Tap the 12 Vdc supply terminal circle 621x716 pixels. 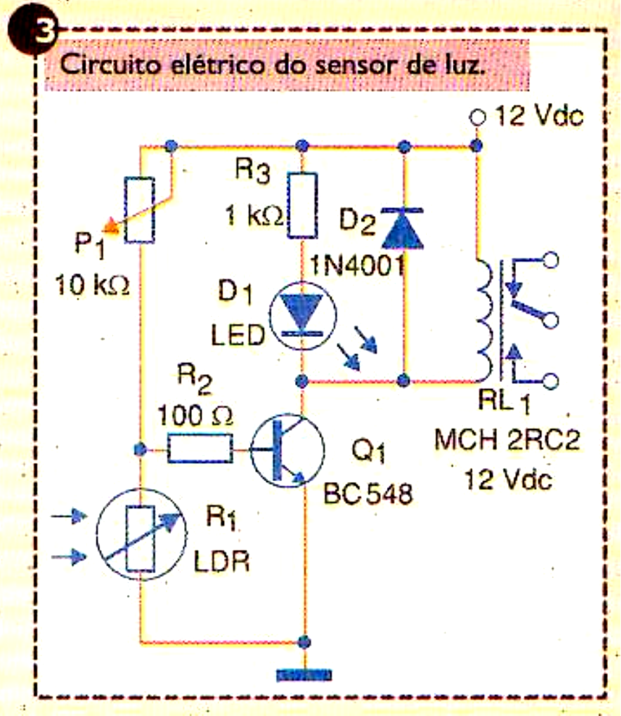tap(476, 117)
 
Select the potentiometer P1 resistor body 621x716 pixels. tap(139, 209)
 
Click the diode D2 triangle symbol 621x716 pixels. tap(405, 223)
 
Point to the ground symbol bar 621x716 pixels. tap(304, 675)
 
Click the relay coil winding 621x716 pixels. tap(484, 318)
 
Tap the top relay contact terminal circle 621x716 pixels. tap(551, 259)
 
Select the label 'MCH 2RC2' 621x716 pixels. tap(507, 440)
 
